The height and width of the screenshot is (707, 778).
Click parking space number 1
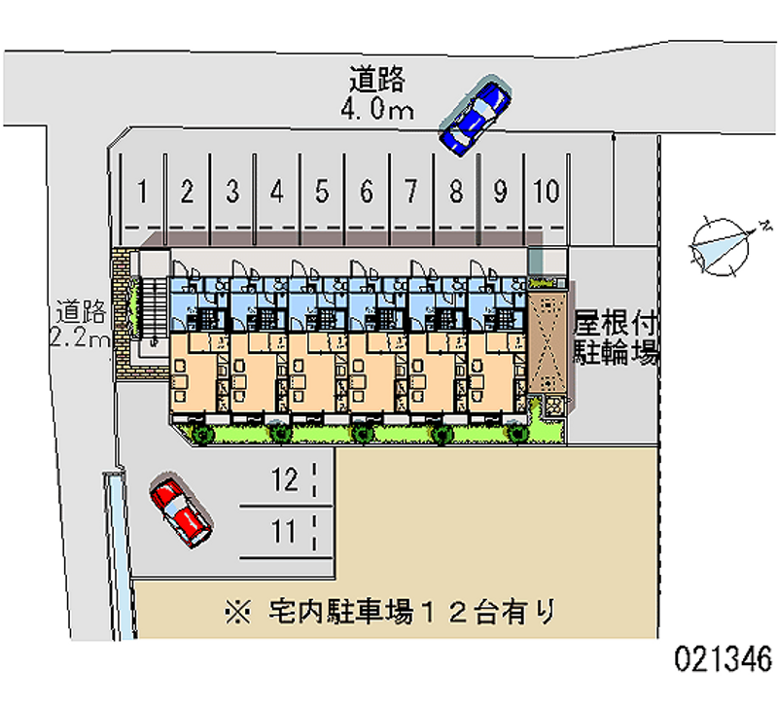[142, 192]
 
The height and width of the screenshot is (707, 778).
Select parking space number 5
[322, 192]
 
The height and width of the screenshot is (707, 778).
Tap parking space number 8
[455, 192]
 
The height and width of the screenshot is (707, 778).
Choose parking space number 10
[547, 192]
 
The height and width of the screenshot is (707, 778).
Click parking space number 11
[283, 532]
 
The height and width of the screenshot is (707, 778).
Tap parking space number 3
[232, 192]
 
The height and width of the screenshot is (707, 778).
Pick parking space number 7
[411, 192]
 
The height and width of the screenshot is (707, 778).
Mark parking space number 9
[500, 192]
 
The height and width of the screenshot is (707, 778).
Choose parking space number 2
[187, 192]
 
